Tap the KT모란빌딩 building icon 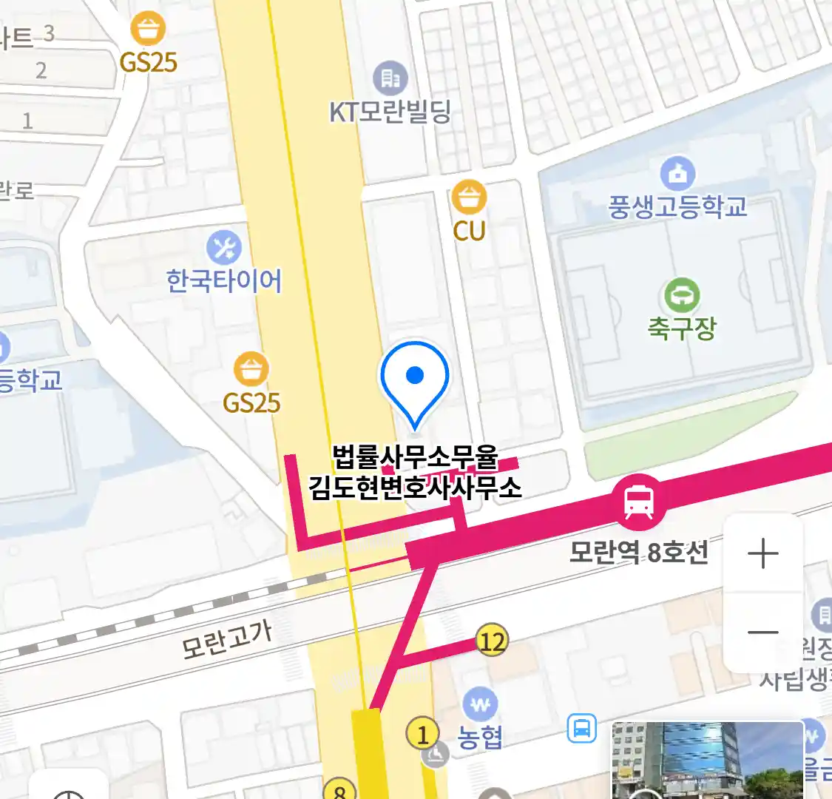coord(390,77)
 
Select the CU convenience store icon coord(469,198)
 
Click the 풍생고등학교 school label coord(677,207)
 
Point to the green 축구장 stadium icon coord(682,295)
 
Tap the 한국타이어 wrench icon coord(224,248)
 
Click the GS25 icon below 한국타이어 coord(251,369)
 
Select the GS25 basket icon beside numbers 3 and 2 coord(148,30)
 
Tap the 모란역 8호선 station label coord(638,552)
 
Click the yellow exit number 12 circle coord(492,641)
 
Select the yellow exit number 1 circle coord(422,735)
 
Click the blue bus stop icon coord(582,729)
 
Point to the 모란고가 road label coord(227,639)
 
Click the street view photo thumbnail coord(707,761)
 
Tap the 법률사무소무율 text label coord(415,457)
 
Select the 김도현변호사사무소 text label coord(415,488)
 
